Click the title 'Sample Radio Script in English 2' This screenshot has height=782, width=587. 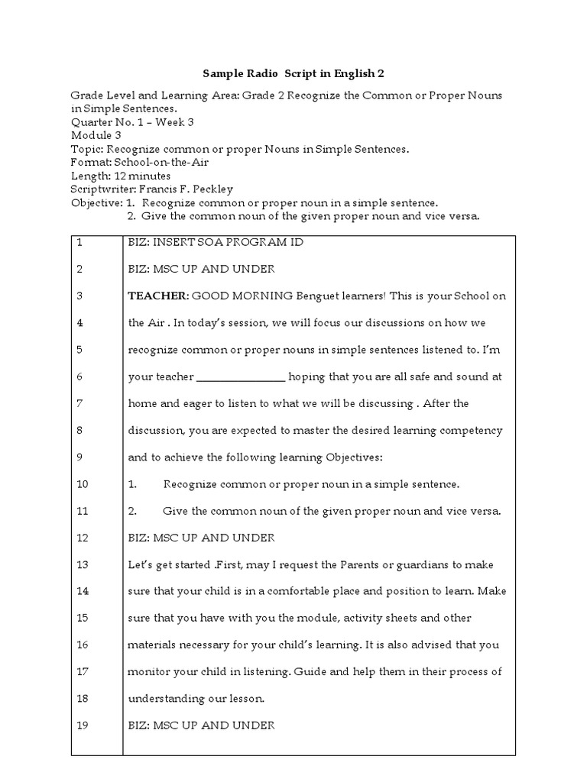293,73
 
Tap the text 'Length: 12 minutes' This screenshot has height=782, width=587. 121,176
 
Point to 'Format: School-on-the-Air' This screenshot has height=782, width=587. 140,163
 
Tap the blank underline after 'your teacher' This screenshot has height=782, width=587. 242,376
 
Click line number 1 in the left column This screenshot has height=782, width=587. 79,242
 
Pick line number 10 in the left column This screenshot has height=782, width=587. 83,484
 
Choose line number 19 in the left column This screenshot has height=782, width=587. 83,725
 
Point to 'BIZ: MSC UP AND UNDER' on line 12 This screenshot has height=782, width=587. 201,538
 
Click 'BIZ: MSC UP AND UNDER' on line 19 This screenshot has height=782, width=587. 201,725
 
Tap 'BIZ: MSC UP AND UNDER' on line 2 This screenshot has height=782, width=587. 201,269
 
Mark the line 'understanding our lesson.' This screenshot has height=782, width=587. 196,699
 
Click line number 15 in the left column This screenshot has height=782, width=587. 83,618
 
